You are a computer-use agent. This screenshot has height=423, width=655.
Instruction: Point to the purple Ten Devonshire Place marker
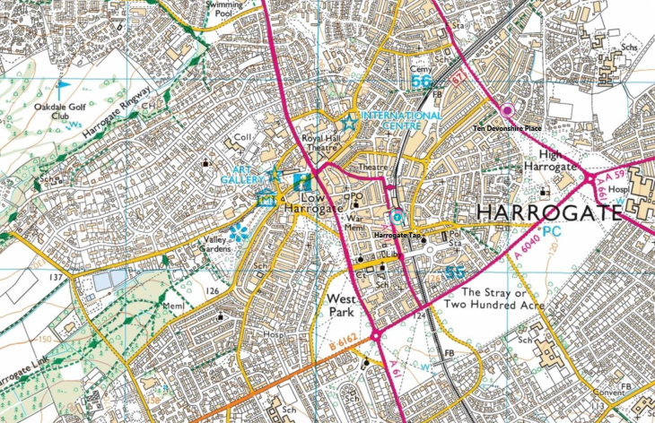(507, 110)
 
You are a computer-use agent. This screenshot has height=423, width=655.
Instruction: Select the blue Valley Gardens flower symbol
(238, 233)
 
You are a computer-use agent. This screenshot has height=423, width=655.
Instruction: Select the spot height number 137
(56, 278)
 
